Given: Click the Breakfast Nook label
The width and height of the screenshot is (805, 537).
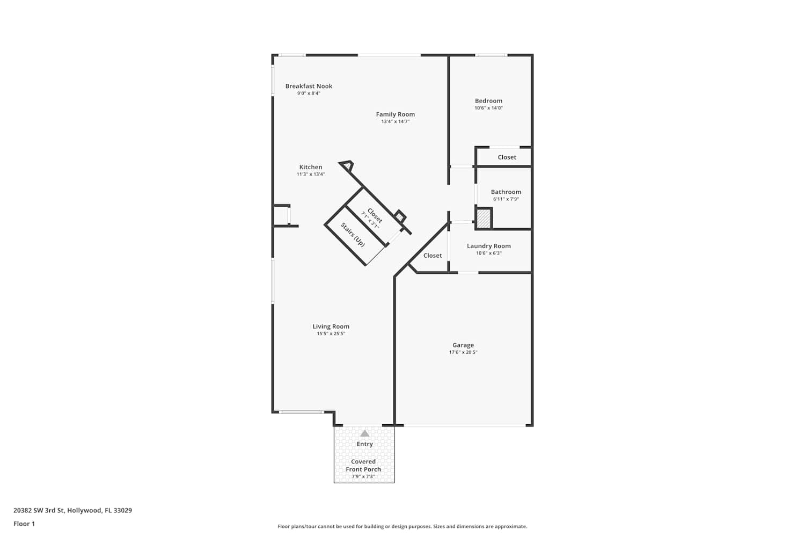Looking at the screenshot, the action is click(x=309, y=86).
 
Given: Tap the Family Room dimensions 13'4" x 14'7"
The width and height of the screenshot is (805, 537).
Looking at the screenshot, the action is click(x=396, y=121).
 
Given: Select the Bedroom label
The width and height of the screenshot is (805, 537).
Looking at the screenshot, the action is click(x=488, y=101).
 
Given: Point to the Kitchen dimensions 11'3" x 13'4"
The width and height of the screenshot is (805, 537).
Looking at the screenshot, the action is click(x=311, y=174).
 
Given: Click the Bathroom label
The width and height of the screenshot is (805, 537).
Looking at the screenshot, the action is click(x=506, y=192).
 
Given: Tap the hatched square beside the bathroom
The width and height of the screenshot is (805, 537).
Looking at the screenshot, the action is click(x=484, y=219).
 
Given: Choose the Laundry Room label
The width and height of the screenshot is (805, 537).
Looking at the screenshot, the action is click(x=489, y=246).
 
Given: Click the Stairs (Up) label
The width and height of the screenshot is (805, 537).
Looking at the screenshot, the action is click(x=353, y=235).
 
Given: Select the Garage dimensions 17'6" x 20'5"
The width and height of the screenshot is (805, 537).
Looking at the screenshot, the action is click(x=463, y=352).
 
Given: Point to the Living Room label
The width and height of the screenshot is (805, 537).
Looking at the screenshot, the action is click(x=331, y=326).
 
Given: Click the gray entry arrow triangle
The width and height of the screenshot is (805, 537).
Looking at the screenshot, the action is click(x=365, y=433).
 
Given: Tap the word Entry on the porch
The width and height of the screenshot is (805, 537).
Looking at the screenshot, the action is click(x=365, y=444).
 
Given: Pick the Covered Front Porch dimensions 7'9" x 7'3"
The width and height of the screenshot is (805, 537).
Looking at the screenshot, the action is click(x=363, y=476).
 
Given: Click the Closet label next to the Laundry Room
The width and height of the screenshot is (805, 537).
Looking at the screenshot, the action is click(x=433, y=256).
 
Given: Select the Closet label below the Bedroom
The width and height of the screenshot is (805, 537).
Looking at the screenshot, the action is click(x=507, y=157).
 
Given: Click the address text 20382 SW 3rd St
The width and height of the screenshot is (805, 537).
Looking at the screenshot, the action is click(x=39, y=510).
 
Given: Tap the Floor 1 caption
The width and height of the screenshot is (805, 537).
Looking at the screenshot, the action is click(x=24, y=524).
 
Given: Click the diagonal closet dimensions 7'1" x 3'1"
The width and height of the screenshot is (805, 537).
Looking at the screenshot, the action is click(x=370, y=220).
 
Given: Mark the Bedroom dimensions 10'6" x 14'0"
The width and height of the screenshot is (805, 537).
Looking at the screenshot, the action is click(x=488, y=108).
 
